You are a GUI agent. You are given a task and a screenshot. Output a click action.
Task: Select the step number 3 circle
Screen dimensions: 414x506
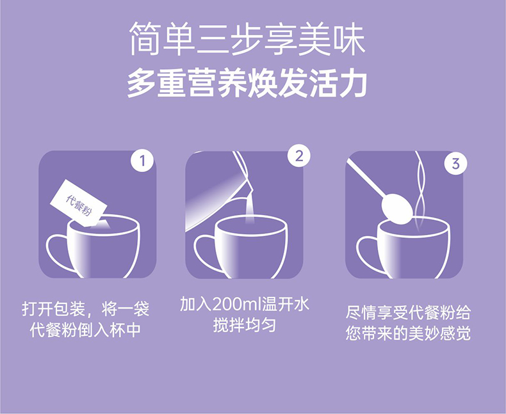pyautogui.click(x=455, y=163)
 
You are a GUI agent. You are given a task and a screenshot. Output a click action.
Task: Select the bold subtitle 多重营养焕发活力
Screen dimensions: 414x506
pyautogui.click(x=246, y=83)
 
